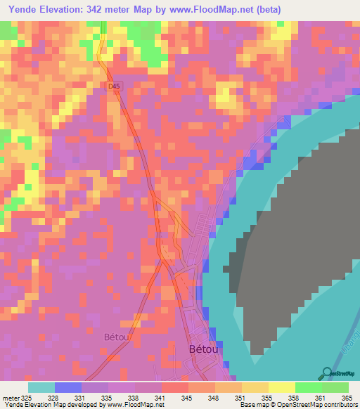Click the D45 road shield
click(x=114, y=85)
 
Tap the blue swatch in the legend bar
click(x=68, y=387)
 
